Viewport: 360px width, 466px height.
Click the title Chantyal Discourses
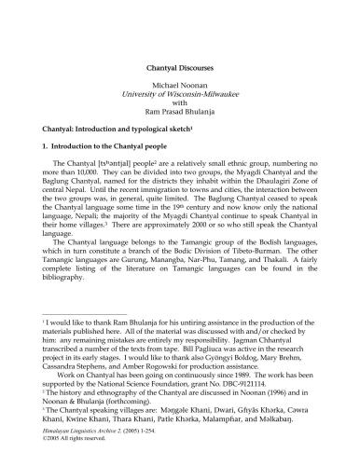tap(181, 68)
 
